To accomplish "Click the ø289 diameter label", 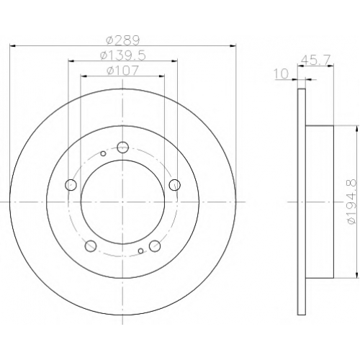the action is click(123, 40).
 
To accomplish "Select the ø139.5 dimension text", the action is click(123, 55).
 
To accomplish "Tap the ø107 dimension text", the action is click(122, 71).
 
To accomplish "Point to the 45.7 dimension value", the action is click(316, 59).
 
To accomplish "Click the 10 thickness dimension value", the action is click(282, 74).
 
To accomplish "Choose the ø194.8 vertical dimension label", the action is click(352, 202).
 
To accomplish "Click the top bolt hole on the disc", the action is click(123, 147).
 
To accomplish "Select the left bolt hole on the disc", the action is click(71, 184).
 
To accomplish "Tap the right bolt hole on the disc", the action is click(174, 185).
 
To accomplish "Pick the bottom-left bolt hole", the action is click(91, 246).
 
